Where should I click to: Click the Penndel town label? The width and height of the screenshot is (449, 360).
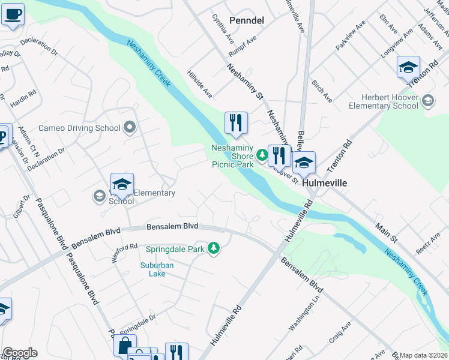[247, 20]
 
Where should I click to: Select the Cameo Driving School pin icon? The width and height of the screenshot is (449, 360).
[130, 127]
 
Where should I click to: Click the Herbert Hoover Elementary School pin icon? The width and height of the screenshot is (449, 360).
[427, 100]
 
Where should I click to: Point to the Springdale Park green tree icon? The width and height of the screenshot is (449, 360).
[213, 248]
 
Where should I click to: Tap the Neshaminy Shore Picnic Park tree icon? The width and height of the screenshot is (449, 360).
[261, 155]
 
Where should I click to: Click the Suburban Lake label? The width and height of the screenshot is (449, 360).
[157, 269]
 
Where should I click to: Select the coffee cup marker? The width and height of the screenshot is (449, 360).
[13, 13]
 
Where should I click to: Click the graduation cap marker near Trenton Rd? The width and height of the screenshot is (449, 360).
[408, 68]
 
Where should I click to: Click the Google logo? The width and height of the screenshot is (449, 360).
[20, 353]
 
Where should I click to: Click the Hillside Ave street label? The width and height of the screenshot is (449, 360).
[200, 85]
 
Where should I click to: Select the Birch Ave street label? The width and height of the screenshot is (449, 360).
[322, 89]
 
